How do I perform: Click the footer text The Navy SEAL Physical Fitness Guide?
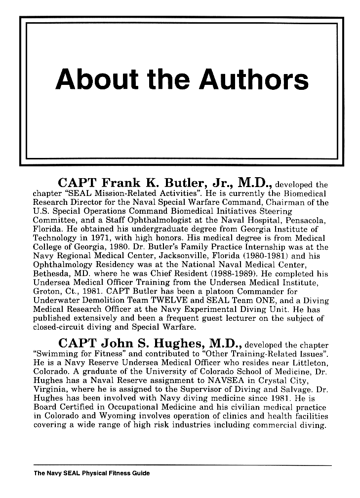point(91,473)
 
